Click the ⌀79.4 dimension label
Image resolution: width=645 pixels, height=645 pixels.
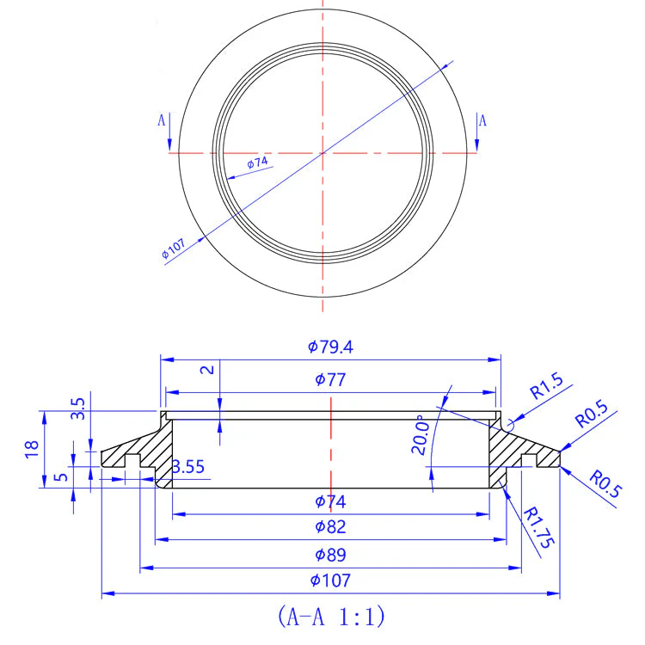(330, 347)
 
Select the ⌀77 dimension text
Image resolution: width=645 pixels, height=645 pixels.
(330, 379)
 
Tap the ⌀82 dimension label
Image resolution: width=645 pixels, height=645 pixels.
(330, 527)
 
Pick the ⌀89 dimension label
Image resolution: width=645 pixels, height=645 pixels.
(330, 555)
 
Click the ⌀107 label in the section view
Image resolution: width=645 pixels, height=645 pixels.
(330, 580)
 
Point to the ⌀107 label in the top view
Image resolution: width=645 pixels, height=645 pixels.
(173, 249)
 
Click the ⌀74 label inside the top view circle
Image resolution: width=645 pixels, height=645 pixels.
(257, 163)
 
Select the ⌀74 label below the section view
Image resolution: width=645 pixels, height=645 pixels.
(330, 501)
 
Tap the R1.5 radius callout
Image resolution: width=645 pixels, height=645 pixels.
(546, 386)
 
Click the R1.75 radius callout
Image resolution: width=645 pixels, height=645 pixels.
(538, 528)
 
